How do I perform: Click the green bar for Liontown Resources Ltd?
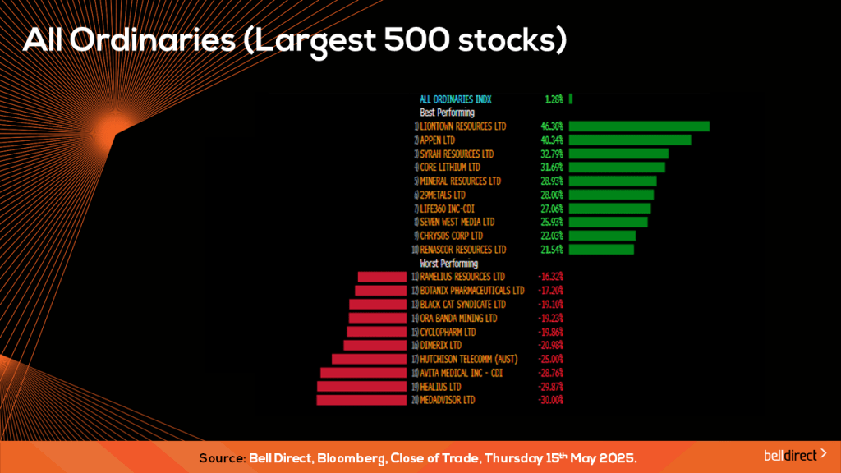tap(638, 126)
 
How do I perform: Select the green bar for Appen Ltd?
tap(629, 140)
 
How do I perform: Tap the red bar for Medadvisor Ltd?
tap(361, 400)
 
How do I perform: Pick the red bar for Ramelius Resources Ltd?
tap(382, 277)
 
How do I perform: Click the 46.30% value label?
tap(552, 126)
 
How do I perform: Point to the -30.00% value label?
tap(550, 400)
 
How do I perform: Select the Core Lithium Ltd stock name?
tap(450, 168)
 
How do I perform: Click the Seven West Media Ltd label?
tap(457, 222)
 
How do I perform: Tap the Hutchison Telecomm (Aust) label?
tap(468, 359)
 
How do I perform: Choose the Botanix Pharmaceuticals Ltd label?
tap(471, 291)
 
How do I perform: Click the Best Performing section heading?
tap(447, 113)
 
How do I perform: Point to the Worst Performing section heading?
tap(448, 264)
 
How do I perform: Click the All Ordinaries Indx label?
tap(456, 99)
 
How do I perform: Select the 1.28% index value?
tap(554, 99)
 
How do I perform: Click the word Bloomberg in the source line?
tap(336, 457)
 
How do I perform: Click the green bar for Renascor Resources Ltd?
tap(601, 249)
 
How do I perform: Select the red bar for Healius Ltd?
tap(362, 386)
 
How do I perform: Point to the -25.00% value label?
tap(550, 359)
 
